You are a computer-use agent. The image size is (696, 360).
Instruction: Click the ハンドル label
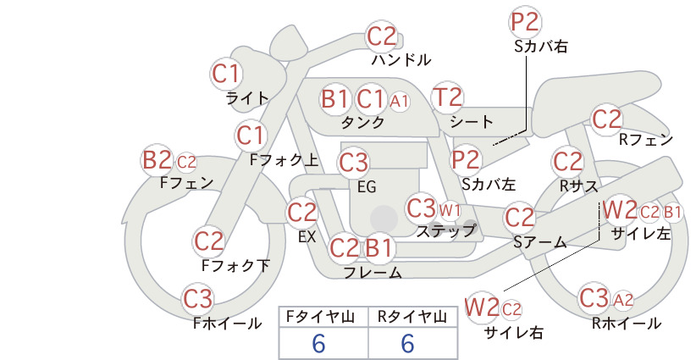[x=401, y=59]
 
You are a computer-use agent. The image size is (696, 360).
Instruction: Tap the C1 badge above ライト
[x=226, y=75]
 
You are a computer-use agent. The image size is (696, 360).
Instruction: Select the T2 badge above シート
[x=447, y=97]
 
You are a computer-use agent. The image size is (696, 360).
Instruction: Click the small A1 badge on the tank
[x=399, y=102]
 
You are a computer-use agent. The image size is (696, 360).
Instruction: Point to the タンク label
[x=362, y=122]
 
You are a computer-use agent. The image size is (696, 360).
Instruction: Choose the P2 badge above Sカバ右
[x=525, y=22]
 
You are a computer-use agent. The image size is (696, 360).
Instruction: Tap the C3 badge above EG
[x=353, y=163]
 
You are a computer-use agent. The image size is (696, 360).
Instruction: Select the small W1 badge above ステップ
[x=450, y=210]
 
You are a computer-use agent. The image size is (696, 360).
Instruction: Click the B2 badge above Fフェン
[x=157, y=160]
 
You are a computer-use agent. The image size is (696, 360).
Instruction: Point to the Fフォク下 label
[x=235, y=265]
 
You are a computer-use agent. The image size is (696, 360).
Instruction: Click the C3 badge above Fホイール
[x=198, y=299]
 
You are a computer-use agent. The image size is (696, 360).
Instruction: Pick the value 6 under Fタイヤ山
[x=319, y=343]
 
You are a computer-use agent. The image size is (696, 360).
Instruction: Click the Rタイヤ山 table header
[x=412, y=317]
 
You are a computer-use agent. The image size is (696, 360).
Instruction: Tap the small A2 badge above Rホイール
[x=623, y=301]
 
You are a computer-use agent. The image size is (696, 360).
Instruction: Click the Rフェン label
[x=646, y=140]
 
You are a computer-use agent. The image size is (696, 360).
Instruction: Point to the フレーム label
[x=373, y=273]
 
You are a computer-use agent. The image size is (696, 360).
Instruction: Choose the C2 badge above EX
[x=301, y=213]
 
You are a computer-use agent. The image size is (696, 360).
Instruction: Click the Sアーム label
[x=540, y=242]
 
